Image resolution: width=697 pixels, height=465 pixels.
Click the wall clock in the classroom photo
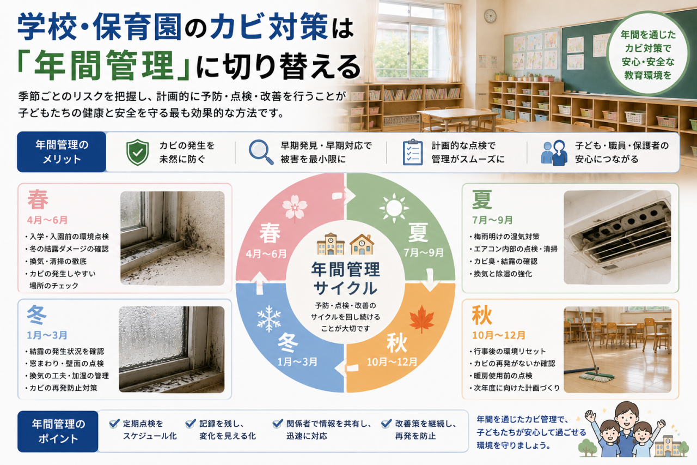tap(490, 16)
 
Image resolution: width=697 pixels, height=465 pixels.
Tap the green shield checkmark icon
tap(138, 152)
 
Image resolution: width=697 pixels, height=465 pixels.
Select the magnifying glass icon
tap(261, 152)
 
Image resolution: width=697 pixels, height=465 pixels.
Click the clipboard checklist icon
tap(413, 152)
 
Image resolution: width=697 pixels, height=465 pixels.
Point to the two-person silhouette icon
tap(554, 153)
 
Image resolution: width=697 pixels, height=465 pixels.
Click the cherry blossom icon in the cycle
tap(295, 207)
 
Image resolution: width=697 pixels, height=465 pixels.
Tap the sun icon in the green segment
tap(394, 208)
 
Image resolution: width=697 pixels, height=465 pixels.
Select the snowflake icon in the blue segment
tap(269, 318)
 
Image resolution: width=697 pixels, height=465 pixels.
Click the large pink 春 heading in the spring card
tap(38, 200)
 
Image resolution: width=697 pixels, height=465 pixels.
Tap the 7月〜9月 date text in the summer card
tap(492, 220)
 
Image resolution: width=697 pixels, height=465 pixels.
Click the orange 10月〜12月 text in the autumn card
tap(499, 335)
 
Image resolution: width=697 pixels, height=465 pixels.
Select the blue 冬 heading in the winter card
tap(37, 315)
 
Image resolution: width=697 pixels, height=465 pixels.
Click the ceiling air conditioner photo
tap(617, 237)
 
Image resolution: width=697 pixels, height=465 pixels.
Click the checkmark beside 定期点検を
tap(114, 424)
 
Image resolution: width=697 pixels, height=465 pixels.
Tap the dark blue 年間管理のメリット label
tap(62, 152)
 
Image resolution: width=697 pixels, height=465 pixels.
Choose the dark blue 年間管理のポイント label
tap(58, 431)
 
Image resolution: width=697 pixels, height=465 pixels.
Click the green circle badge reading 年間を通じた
tap(648, 53)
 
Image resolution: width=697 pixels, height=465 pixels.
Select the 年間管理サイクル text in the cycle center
tap(345, 279)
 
